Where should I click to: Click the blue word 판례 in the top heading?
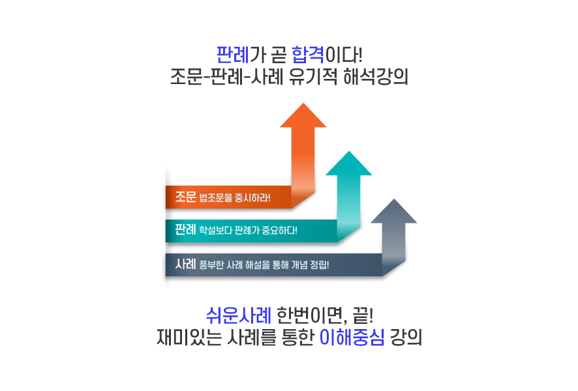point(233,55)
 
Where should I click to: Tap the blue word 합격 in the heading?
point(308,55)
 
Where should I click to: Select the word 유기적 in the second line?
point(313,77)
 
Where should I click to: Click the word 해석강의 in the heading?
point(376,77)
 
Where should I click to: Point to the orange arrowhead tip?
point(303,104)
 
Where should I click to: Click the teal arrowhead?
point(349,163)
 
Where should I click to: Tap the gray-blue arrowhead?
point(393,210)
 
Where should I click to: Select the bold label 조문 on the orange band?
point(185,197)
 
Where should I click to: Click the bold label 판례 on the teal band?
point(185,229)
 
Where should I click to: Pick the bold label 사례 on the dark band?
point(185,264)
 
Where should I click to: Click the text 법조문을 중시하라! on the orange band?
point(235,198)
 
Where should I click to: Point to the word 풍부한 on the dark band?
point(211,265)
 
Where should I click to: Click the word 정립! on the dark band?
point(320,265)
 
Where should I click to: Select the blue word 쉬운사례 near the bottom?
point(239,315)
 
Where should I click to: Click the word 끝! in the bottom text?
point(363,315)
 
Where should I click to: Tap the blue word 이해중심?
point(352,338)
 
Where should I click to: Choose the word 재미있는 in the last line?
point(189,338)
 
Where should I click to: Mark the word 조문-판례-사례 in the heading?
point(227,77)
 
